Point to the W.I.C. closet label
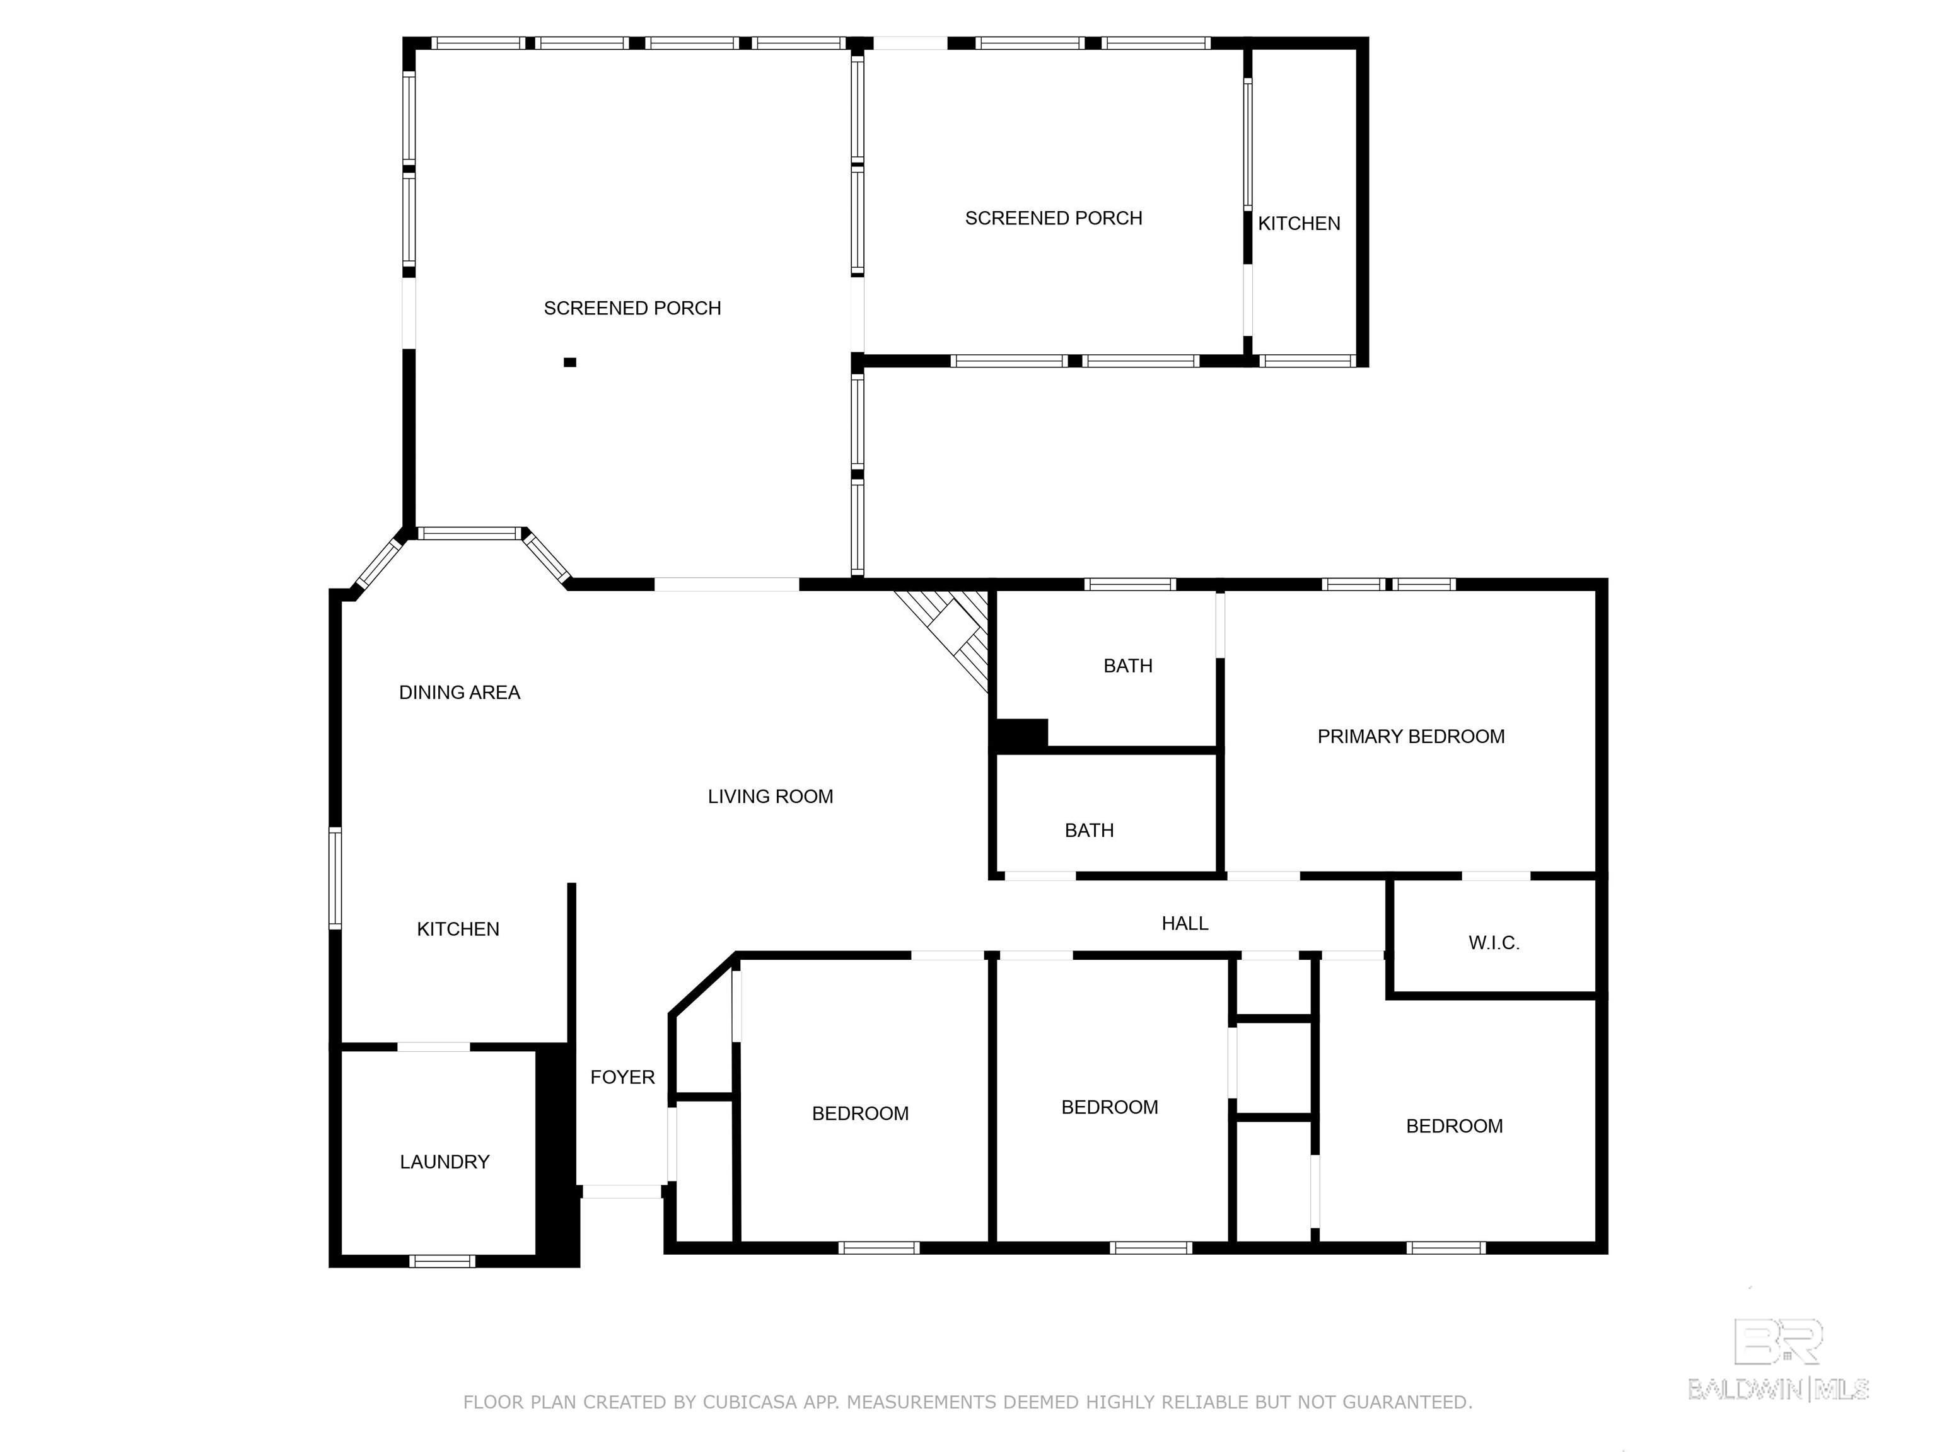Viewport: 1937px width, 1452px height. point(1494,943)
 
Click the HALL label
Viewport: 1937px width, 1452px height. point(1185,923)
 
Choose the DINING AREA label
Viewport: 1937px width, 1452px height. point(460,693)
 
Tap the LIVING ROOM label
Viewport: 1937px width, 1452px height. point(771,797)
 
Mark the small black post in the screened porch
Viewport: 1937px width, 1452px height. point(570,362)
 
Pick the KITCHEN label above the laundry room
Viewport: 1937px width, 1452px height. point(458,929)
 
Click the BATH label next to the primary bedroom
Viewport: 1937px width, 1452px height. point(1128,666)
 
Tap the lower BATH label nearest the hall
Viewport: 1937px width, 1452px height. point(1090,830)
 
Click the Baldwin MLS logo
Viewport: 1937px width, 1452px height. point(1779,1358)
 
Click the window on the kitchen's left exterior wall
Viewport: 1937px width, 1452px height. point(335,878)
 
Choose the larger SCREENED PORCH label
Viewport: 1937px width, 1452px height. point(632,308)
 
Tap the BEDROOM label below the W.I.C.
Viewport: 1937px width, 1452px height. point(1455,1126)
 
